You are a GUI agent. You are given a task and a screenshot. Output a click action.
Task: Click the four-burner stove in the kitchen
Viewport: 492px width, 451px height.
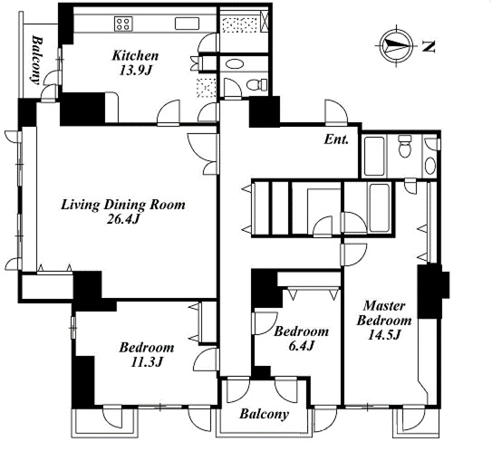point(122,24)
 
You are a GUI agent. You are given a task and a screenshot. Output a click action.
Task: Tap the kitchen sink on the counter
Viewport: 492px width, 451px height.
point(187,24)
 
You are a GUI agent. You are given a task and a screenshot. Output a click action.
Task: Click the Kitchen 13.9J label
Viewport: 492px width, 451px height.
point(135,63)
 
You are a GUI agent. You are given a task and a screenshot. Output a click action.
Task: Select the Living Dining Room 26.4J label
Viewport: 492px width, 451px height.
point(122,212)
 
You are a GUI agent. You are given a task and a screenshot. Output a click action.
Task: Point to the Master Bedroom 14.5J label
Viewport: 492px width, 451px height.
point(384,321)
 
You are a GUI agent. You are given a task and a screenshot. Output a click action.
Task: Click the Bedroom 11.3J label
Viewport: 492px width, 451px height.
point(146,355)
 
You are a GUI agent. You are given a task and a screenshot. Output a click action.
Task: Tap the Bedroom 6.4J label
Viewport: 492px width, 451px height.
point(301,339)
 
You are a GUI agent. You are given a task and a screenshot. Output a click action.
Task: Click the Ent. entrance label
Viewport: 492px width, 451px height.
point(336,139)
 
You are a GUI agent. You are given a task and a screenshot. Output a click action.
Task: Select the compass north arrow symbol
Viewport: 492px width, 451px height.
point(397,45)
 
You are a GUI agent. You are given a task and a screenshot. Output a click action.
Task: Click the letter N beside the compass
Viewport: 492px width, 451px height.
point(429,46)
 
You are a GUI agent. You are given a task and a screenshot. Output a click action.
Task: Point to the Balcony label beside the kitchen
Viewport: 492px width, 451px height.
point(37,61)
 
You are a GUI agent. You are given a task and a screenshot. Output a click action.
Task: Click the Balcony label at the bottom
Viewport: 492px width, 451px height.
point(264,414)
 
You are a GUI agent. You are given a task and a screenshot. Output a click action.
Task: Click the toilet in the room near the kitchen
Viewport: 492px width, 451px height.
point(257,84)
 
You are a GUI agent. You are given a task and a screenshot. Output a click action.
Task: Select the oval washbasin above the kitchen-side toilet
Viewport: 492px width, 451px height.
point(235,64)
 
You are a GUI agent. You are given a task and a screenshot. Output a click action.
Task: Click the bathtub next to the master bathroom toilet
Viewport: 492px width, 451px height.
point(374,156)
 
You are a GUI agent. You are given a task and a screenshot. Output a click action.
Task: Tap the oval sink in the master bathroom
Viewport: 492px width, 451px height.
point(430,166)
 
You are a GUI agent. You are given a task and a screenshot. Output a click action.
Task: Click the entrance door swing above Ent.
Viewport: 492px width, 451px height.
point(336,111)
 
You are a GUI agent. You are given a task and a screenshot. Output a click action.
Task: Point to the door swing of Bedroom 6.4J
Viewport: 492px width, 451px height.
point(265,323)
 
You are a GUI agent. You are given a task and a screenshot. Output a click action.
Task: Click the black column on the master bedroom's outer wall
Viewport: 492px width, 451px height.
point(432,292)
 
